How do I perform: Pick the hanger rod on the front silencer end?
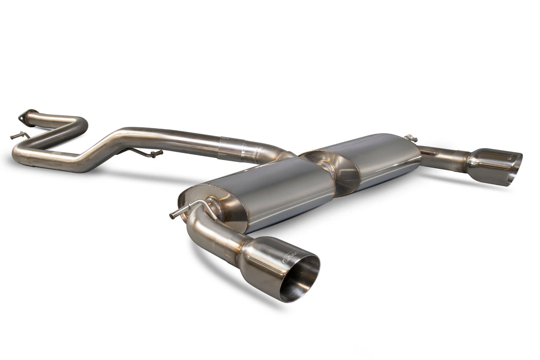[x=190, y=207]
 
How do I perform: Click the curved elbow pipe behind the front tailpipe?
[x=206, y=226]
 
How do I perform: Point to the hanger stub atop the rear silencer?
[x=410, y=138]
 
